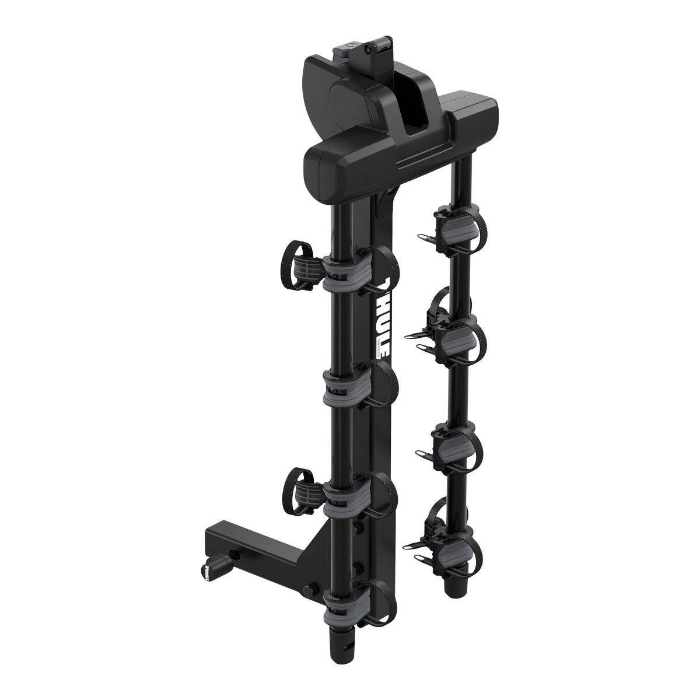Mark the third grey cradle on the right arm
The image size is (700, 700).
(454, 443)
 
